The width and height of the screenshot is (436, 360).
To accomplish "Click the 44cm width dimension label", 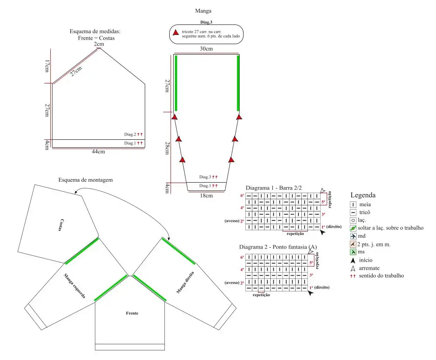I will [x=98, y=152].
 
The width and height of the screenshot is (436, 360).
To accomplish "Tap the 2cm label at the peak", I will [x=99, y=44].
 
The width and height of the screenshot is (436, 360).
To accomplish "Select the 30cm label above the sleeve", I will [x=206, y=49].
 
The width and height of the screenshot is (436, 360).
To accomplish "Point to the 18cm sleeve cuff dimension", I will [x=206, y=196].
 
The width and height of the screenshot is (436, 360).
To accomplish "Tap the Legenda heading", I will [x=363, y=195].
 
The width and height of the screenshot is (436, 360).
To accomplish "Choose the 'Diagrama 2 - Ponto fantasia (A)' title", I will [x=281, y=247].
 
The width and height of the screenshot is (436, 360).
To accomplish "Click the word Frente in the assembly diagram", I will [x=132, y=313].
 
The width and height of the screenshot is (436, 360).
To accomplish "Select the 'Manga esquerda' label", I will [x=74, y=286].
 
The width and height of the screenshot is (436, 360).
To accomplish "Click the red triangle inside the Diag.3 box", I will [x=175, y=33].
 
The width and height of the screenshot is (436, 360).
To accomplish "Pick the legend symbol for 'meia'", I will [x=352, y=204].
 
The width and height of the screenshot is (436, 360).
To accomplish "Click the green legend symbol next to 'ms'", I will [x=352, y=252].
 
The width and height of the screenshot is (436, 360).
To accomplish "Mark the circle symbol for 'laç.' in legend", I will [x=352, y=220].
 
